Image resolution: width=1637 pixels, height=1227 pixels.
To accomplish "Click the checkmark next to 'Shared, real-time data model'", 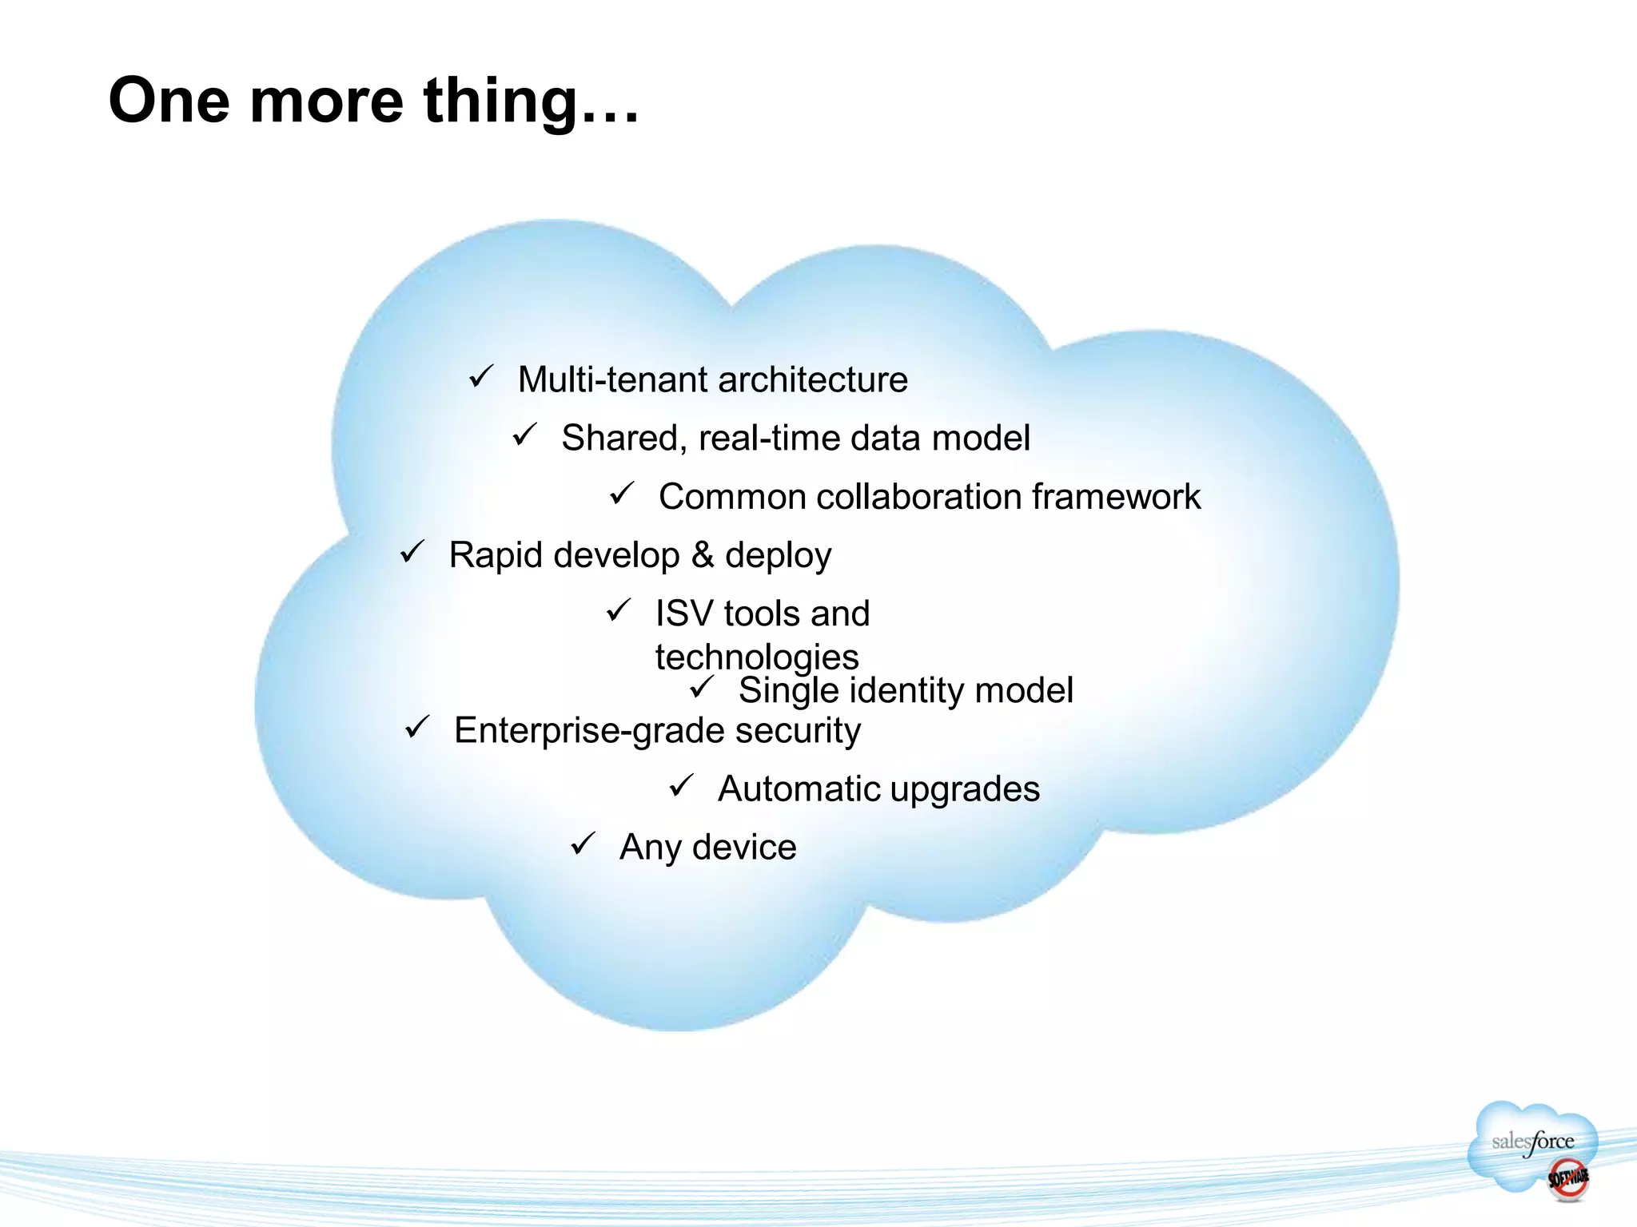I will [524, 435].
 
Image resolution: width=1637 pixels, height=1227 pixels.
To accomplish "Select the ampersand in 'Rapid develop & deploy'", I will [703, 554].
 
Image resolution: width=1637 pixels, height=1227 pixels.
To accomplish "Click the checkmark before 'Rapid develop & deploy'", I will [412, 551].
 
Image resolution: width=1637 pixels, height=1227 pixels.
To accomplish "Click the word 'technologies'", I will [757, 657].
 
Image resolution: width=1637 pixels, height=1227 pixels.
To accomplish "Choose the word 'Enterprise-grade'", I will [589, 731].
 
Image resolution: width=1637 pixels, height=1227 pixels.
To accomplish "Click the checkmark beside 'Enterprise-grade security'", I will [417, 727].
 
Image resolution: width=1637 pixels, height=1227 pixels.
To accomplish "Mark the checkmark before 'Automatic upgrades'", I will [681, 785].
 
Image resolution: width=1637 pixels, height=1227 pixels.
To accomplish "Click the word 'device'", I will [744, 848].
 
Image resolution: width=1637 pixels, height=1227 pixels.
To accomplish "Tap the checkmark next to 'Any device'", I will [583, 844].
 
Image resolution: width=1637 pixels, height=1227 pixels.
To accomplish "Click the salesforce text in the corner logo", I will [1532, 1142].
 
